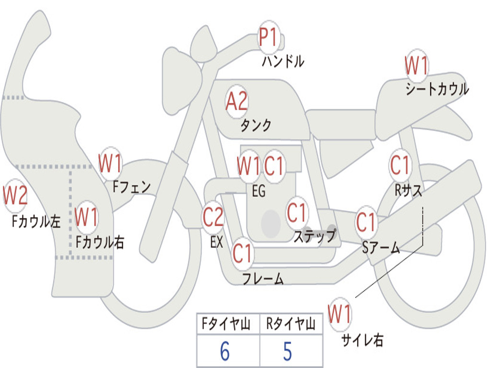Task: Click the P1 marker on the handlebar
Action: (269, 37)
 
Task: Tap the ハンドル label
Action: (283, 61)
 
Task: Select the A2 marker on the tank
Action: (237, 101)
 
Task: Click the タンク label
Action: (256, 125)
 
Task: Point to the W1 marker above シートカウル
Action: (417, 65)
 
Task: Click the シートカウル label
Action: (437, 89)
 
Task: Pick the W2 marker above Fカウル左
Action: (15, 195)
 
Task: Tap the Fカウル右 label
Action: (100, 242)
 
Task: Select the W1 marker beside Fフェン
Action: (110, 163)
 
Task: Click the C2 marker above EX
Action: (213, 217)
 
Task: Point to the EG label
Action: (258, 191)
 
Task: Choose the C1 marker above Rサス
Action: (400, 165)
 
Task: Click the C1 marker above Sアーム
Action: (366, 222)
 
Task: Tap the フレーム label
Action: (263, 278)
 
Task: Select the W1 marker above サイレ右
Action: (340, 314)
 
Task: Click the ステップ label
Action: (315, 235)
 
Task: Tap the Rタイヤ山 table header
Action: (291, 324)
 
